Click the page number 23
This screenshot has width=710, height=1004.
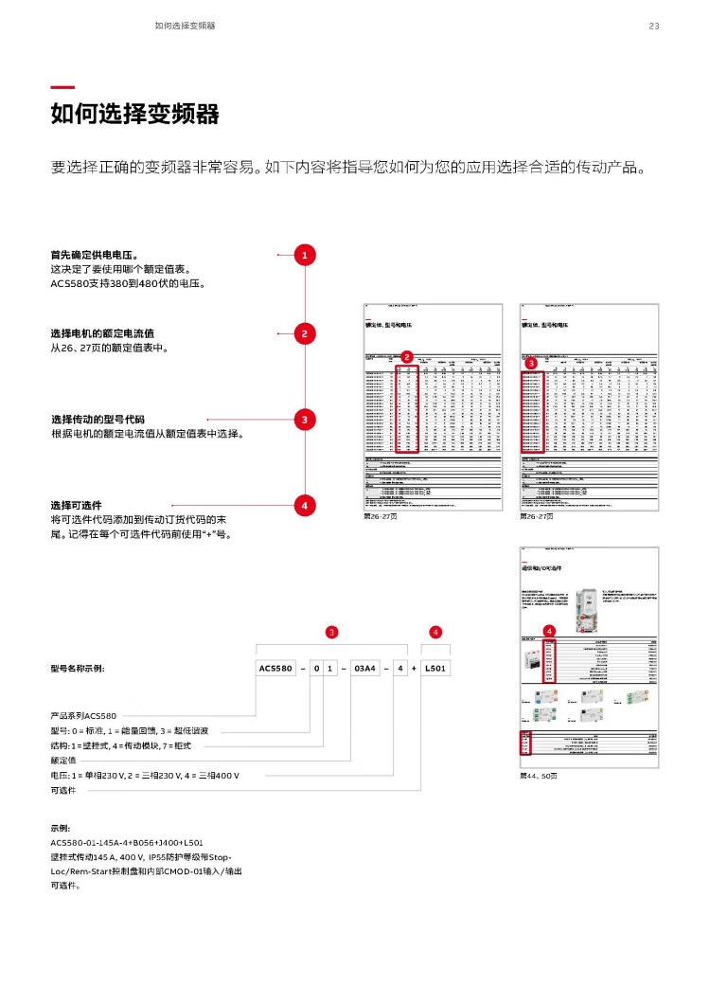pos(653,26)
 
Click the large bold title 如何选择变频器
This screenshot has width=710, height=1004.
pos(134,115)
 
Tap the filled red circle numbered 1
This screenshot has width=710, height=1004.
pos(304,255)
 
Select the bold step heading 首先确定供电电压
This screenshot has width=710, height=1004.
pos(95,255)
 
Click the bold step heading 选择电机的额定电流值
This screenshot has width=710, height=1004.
pos(102,333)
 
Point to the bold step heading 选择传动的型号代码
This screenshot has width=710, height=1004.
pos(98,420)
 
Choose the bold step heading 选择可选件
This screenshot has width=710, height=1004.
pos(76,505)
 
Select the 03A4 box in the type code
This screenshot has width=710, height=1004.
pos(364,669)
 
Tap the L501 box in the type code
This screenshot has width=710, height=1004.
pos(436,669)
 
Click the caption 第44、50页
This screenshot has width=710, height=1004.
pos(539,776)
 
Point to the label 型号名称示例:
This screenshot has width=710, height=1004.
pos(78,669)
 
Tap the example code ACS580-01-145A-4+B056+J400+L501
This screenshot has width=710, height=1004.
pos(127,842)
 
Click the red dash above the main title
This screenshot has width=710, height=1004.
pos(62,87)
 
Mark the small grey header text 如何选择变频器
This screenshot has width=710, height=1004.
pos(185,26)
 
